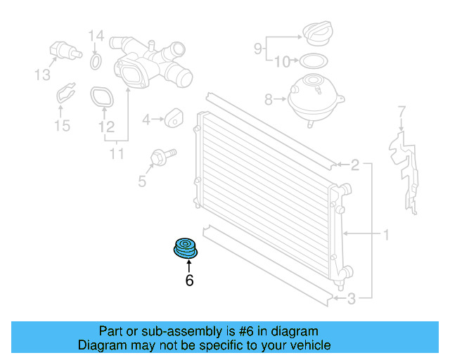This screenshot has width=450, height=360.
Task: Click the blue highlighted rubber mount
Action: (x=186, y=248)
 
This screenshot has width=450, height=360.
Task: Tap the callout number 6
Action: (x=189, y=280)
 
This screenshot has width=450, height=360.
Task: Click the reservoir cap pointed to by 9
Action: (x=319, y=33)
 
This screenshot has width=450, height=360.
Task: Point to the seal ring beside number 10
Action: (x=314, y=61)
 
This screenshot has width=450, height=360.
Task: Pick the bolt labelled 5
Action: (x=162, y=157)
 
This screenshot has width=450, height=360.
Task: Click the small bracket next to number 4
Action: (x=174, y=117)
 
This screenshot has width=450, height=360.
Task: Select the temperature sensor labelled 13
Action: (x=65, y=51)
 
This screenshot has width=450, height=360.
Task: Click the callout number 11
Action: (x=117, y=154)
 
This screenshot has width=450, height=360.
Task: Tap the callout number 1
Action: (x=386, y=235)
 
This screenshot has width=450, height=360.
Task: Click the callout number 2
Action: (x=355, y=165)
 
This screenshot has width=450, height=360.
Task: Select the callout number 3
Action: (x=352, y=299)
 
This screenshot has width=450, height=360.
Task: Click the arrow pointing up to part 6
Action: (x=189, y=266)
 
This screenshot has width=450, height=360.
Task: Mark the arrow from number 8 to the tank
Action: (x=280, y=99)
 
